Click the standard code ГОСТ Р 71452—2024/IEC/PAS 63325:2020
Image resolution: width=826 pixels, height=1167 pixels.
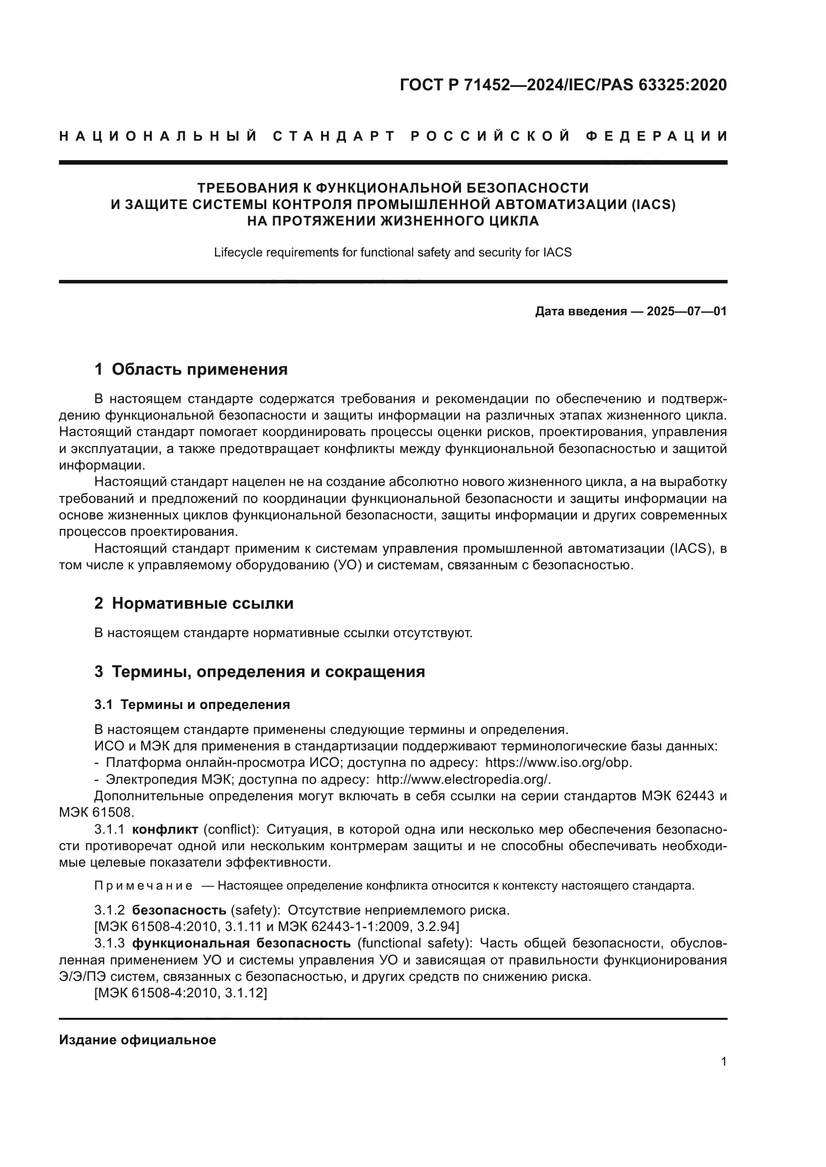[563, 85]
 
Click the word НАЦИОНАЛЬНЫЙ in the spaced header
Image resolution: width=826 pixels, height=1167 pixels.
[158, 136]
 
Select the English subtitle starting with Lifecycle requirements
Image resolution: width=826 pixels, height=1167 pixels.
[393, 252]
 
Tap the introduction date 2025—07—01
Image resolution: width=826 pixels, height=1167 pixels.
[687, 311]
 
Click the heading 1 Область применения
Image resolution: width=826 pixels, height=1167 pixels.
[191, 369]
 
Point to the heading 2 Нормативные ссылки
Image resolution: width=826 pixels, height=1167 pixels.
[194, 603]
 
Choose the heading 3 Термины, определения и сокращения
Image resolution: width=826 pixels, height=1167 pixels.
[259, 672]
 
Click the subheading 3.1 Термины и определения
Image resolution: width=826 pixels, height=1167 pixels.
[192, 704]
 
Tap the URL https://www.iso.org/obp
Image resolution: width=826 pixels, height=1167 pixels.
[558, 762]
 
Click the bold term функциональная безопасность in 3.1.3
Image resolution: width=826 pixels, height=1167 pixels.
[241, 943]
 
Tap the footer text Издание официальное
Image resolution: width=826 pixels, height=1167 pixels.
[137, 1039]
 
